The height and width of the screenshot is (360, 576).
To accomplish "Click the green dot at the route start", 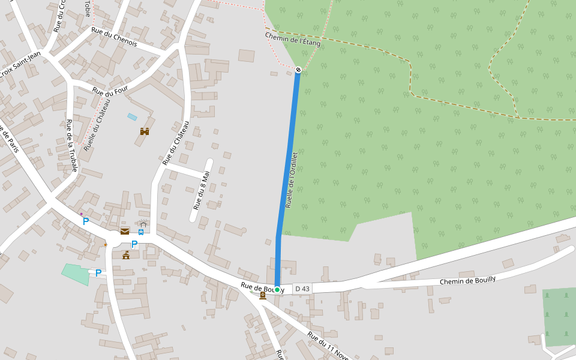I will (x=277, y=290).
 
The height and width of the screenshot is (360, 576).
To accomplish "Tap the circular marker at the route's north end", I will (x=298, y=70).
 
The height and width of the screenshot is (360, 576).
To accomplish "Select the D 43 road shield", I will (x=302, y=289).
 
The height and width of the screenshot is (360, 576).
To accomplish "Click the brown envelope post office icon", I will (x=125, y=232).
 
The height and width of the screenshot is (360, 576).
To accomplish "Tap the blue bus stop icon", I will (x=141, y=232).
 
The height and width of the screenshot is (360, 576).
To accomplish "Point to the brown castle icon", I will (x=145, y=131).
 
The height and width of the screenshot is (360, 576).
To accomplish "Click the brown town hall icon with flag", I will (x=126, y=256).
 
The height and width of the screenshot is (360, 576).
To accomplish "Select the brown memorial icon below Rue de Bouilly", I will (x=262, y=295).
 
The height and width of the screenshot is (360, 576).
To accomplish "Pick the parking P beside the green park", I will (x=98, y=273).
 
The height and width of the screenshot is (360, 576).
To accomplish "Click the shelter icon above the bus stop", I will (x=143, y=224).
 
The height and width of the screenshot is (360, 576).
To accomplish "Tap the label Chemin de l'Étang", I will (x=293, y=40).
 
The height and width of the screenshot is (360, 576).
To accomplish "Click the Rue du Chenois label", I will (x=114, y=37).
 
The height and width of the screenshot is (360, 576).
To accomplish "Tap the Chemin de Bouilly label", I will (x=467, y=280).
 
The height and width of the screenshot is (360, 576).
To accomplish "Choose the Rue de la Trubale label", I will (x=71, y=146).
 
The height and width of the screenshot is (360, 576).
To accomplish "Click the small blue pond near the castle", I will (x=132, y=117).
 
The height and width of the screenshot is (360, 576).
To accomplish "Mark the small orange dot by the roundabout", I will (x=106, y=244).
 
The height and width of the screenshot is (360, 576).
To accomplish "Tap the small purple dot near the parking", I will (x=81, y=214).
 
